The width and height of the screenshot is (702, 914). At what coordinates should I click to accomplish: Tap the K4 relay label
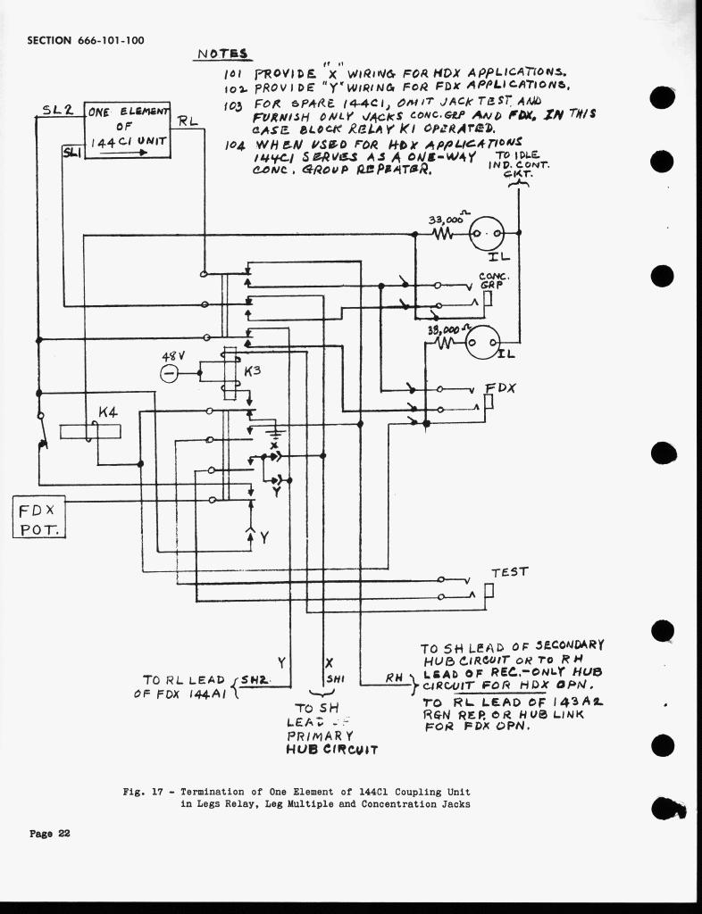pyautogui.click(x=108, y=413)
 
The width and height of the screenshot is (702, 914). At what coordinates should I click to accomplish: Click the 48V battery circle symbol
pyautogui.click(x=171, y=373)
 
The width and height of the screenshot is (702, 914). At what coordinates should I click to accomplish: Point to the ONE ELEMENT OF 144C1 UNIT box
pyautogui.click(x=127, y=129)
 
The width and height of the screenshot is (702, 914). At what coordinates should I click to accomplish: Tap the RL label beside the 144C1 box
pyautogui.click(x=188, y=121)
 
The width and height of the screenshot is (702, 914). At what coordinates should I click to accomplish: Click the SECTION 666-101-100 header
pyautogui.click(x=86, y=40)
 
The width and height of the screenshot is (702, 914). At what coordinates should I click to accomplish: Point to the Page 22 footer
pyautogui.click(x=49, y=834)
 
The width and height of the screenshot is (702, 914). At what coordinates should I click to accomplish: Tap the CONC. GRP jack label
pyautogui.click(x=494, y=280)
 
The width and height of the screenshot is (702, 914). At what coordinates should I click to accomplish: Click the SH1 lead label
pyautogui.click(x=335, y=678)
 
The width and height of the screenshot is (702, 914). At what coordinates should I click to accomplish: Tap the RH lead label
pyautogui.click(x=396, y=678)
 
